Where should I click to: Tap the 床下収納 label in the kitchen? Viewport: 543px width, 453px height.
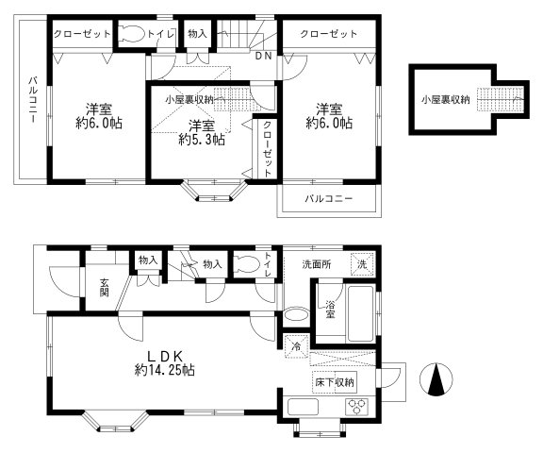coord(335,382)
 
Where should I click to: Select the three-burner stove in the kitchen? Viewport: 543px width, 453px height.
coord(358,408)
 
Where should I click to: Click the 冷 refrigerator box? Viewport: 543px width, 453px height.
coord(295,346)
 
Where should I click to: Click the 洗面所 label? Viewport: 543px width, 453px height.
coord(316,263)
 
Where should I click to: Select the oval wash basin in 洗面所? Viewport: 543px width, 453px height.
coord(295,315)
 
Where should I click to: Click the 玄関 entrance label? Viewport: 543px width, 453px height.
coord(103,284)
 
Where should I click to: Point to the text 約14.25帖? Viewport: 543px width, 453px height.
coord(165,371)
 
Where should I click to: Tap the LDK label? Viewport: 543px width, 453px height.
coord(167,354)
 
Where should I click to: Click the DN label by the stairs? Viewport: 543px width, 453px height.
coord(264,56)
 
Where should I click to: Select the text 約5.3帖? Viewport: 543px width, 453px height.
coord(201,140)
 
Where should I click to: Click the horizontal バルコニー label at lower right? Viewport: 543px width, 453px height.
coord(328,199)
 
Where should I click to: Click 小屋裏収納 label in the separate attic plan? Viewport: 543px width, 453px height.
coord(445,98)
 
